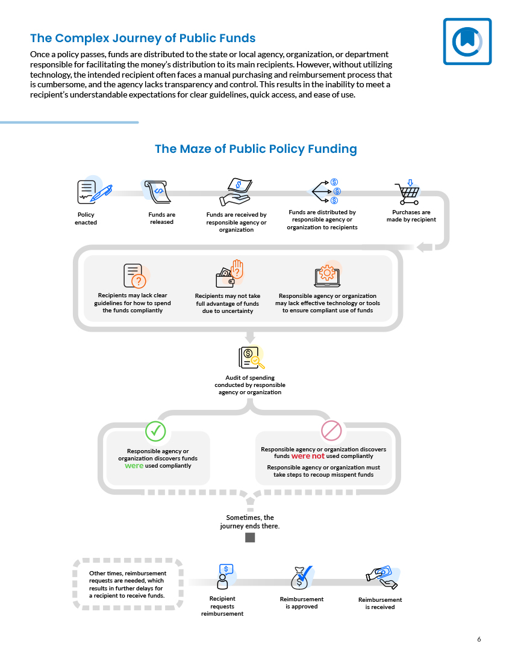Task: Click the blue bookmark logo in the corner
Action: point(467,42)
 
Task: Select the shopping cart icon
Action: point(407,193)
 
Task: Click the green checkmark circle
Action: point(155,431)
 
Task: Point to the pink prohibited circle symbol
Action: point(331,431)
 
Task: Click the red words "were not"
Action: point(308,456)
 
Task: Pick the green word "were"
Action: point(134,466)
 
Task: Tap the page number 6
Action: point(479,639)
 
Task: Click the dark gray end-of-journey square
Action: point(250,537)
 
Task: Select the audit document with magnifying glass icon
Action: point(252,357)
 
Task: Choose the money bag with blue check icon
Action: point(302,578)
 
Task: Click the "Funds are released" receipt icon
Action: point(157,192)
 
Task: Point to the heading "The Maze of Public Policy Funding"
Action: point(256,149)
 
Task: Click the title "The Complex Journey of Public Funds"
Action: point(143,38)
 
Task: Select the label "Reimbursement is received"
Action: point(380,603)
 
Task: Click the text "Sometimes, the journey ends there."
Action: point(249,522)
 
